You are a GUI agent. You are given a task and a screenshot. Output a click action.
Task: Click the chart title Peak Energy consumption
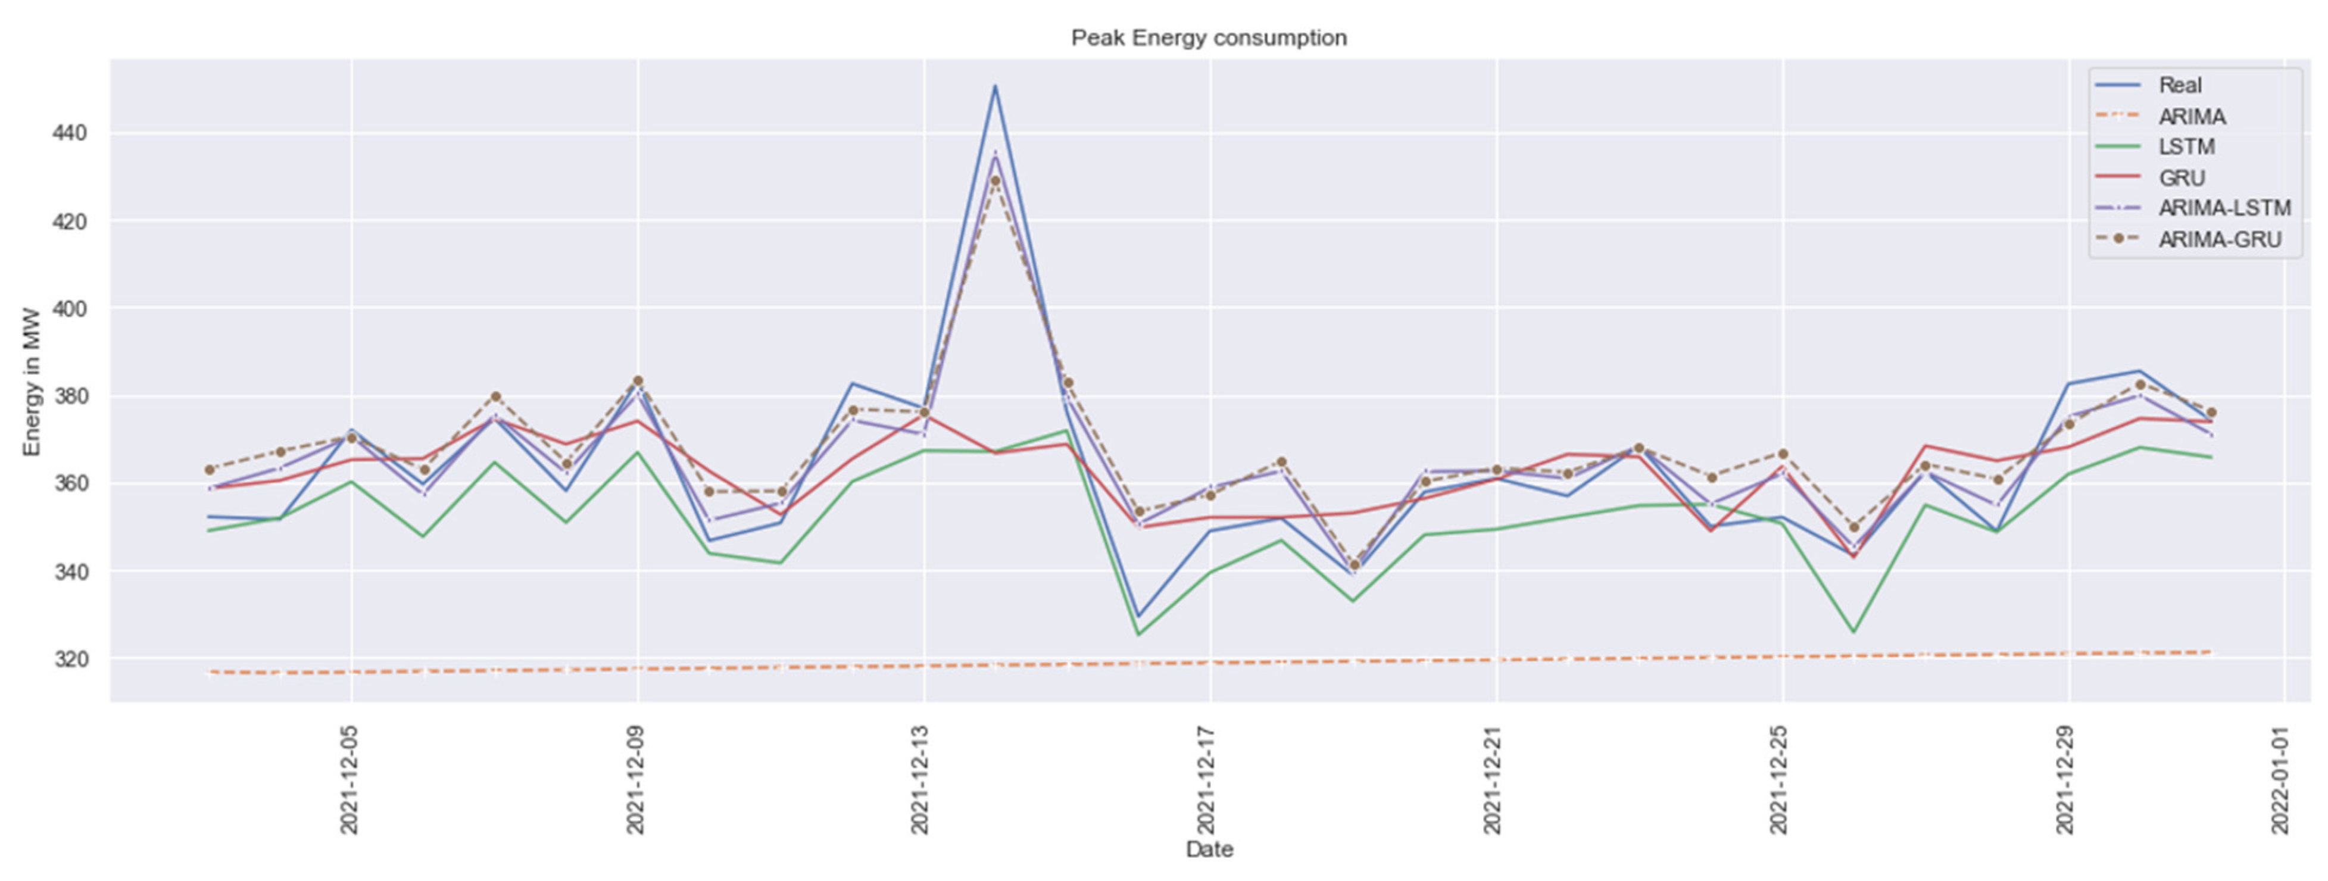(x=1208, y=38)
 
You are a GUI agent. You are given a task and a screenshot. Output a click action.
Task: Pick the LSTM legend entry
(x=2186, y=146)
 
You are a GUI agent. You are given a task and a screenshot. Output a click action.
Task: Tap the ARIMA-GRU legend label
(x=2220, y=239)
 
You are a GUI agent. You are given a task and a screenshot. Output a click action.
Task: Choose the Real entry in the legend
(x=2180, y=85)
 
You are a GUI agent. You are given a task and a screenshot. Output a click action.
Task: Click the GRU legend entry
(x=2181, y=178)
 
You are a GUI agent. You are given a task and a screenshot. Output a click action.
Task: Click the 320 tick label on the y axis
(x=70, y=660)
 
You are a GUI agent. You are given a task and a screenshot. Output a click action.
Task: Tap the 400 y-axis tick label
(x=70, y=309)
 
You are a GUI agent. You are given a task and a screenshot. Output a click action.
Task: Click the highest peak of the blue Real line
(x=995, y=86)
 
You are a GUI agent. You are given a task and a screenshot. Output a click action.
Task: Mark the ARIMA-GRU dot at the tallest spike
(x=995, y=181)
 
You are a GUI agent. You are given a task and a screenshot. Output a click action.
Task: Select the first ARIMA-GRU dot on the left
(x=210, y=470)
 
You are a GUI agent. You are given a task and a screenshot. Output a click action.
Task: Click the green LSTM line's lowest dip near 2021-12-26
(x=1853, y=632)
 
